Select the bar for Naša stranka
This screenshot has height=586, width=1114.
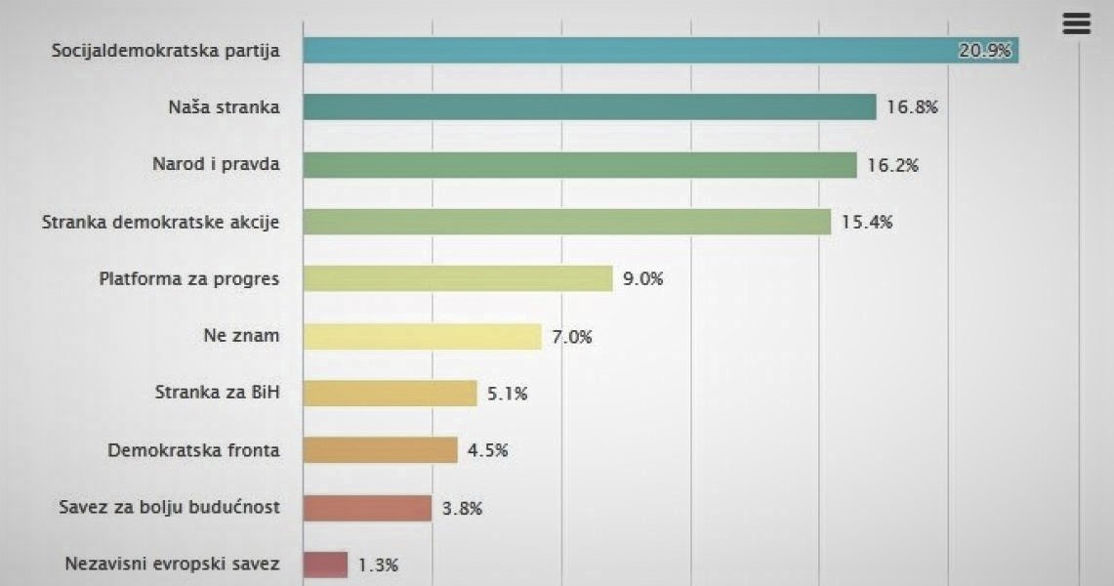pyautogui.click(x=590, y=107)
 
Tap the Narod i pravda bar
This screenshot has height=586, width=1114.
pyautogui.click(x=580, y=165)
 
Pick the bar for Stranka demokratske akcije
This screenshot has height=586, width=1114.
pyautogui.click(x=566, y=222)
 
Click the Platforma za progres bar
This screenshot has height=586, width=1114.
pyautogui.click(x=458, y=279)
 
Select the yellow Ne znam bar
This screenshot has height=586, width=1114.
pyautogui.click(x=422, y=337)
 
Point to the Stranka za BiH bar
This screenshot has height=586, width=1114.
pyautogui.click(x=390, y=394)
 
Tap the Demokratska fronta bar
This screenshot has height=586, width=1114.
pyautogui.click(x=380, y=450)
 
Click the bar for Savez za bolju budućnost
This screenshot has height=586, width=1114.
pyautogui.click(x=367, y=508)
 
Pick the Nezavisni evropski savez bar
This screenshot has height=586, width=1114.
pyautogui.click(x=325, y=565)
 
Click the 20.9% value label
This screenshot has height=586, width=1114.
pyautogui.click(x=984, y=51)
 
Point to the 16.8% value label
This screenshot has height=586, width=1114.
pyautogui.click(x=912, y=107)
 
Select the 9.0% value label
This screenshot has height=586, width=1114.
pyautogui.click(x=643, y=279)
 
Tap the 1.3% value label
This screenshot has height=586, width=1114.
pyautogui.click(x=378, y=565)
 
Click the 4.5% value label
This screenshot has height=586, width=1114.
pyautogui.click(x=488, y=450)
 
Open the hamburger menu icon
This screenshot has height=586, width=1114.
pyautogui.click(x=1076, y=24)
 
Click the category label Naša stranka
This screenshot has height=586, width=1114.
pyautogui.click(x=224, y=107)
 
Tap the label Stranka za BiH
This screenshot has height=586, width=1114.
pyautogui.click(x=218, y=394)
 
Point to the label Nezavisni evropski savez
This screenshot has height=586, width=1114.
pyautogui.click(x=172, y=565)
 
